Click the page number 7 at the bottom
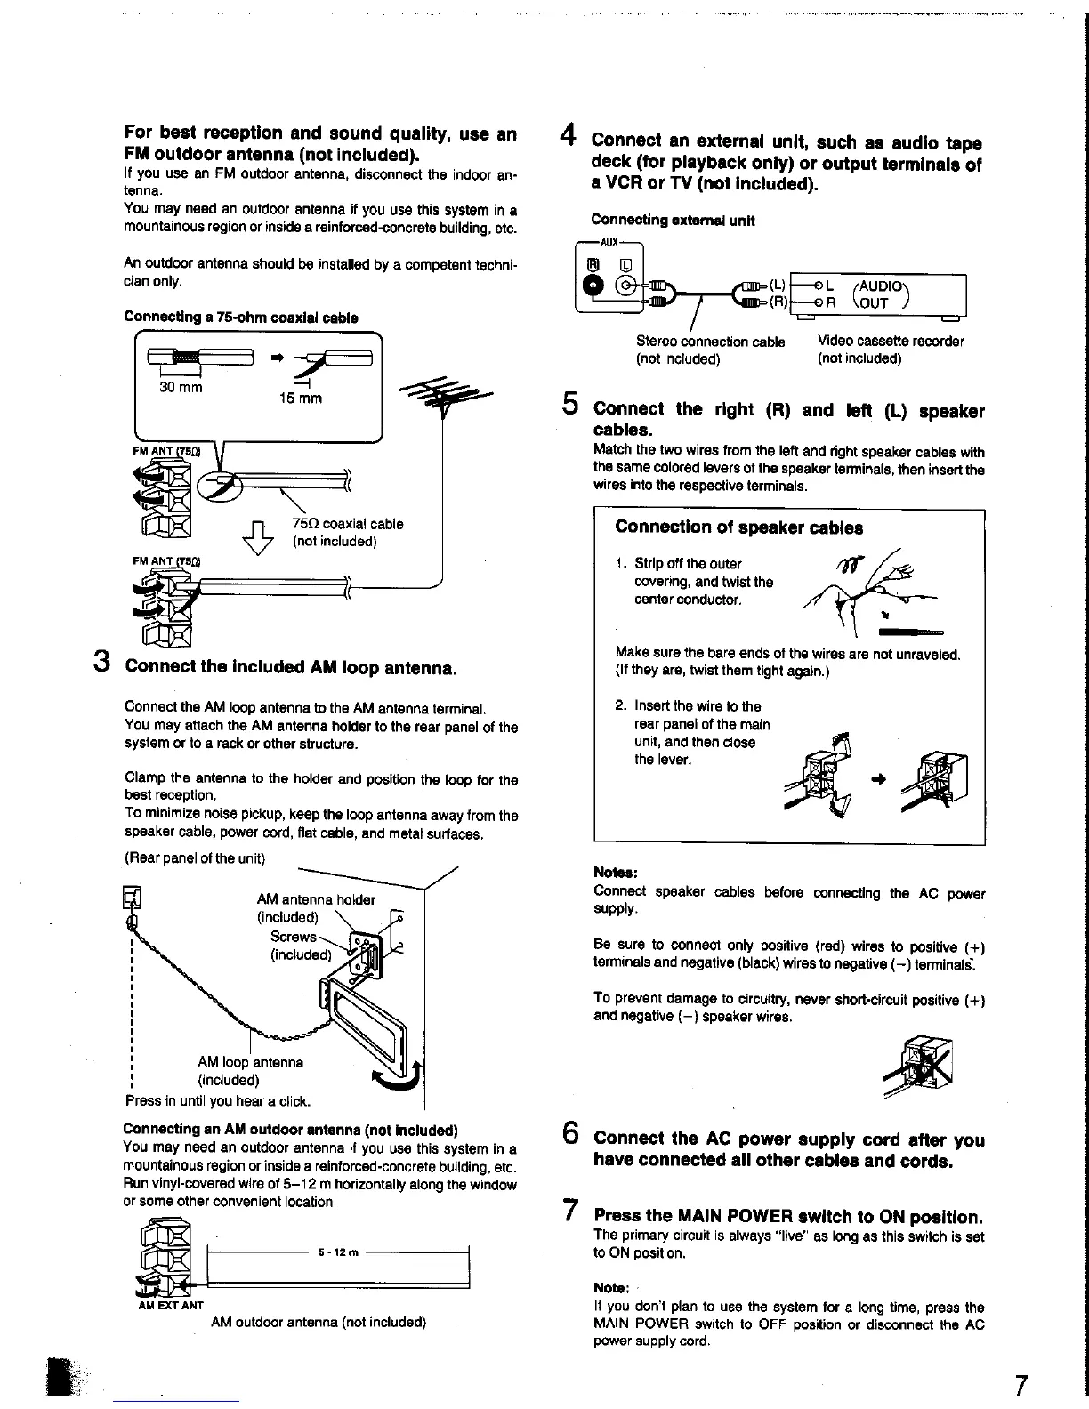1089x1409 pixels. (1020, 1385)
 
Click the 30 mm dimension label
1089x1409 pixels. (181, 387)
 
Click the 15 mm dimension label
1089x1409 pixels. (300, 399)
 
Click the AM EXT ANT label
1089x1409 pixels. (171, 1306)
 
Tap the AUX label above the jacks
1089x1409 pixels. (609, 242)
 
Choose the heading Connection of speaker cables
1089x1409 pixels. (738, 527)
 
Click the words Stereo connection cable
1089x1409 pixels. (710, 342)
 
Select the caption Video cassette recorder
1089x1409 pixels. (890, 342)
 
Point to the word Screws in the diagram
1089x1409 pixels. (293, 937)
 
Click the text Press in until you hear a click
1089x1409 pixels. (218, 1101)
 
